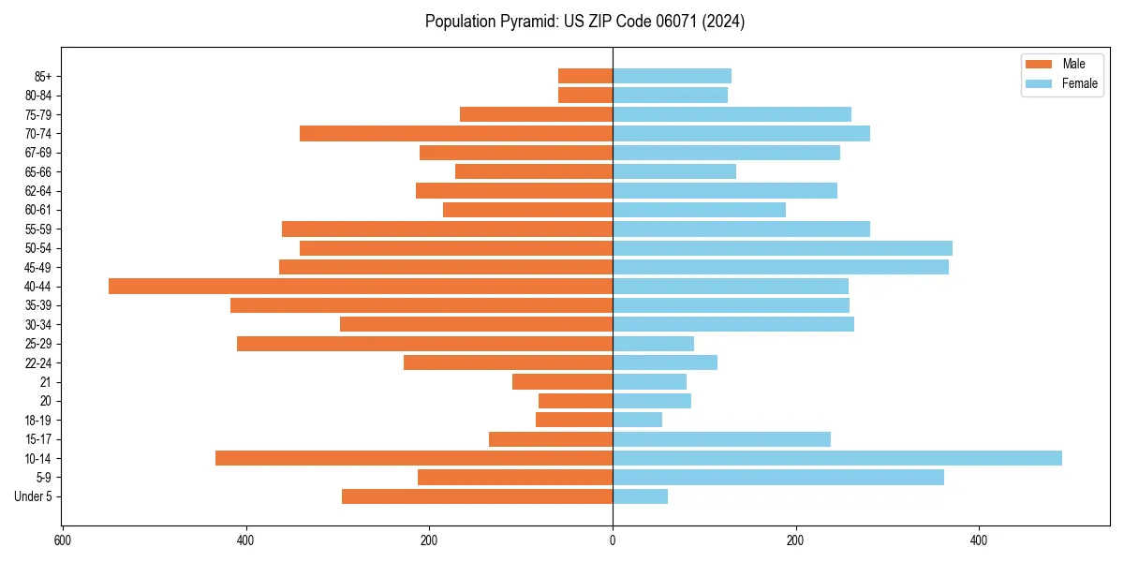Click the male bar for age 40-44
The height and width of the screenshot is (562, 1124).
click(x=361, y=287)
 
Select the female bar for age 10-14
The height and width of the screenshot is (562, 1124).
click(x=836, y=458)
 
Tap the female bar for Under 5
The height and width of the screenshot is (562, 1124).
click(x=640, y=496)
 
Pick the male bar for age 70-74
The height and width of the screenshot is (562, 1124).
click(x=456, y=134)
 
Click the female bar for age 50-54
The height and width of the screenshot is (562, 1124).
click(x=782, y=248)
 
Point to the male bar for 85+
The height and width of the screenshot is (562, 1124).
click(x=585, y=76)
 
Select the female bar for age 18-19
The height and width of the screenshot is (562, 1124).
click(x=637, y=420)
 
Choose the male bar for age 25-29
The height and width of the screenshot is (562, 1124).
click(x=424, y=344)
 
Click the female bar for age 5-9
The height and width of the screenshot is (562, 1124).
click(x=777, y=478)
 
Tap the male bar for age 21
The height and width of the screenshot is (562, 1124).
click(x=562, y=382)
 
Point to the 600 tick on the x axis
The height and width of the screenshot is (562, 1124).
click(x=63, y=541)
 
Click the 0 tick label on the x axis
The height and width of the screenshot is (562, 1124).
click(x=613, y=541)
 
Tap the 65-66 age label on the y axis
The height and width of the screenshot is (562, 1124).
click(x=38, y=172)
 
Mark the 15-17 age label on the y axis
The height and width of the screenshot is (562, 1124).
click(x=38, y=439)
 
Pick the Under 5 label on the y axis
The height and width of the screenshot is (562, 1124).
click(x=34, y=496)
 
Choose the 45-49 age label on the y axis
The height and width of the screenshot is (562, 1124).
click(x=38, y=268)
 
